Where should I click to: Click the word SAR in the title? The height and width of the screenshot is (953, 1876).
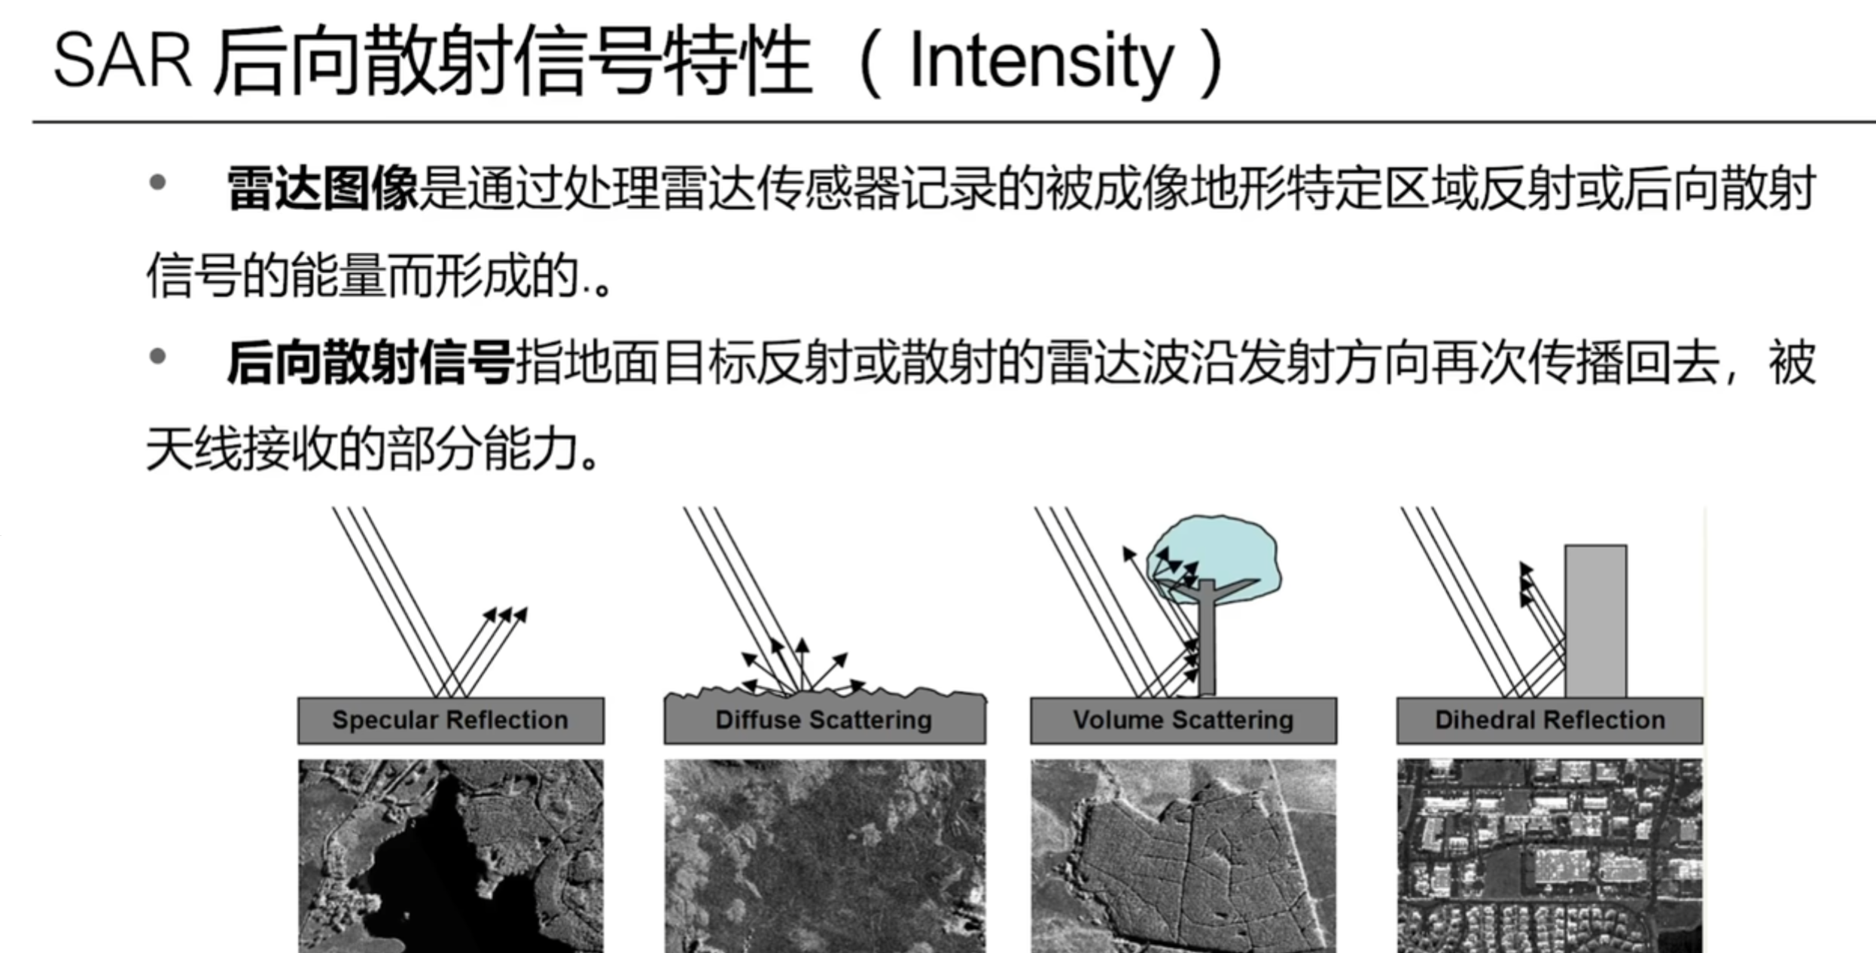coord(123,60)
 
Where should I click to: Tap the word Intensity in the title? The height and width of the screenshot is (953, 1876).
coord(1041,63)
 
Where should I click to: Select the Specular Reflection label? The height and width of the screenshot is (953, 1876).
coord(450,720)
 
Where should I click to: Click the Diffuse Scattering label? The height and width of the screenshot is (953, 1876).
coord(824,720)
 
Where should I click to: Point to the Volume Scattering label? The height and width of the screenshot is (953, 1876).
coord(1183,720)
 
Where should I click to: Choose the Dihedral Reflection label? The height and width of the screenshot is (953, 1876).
coord(1550,720)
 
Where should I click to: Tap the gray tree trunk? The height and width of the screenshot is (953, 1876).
coord(1207,640)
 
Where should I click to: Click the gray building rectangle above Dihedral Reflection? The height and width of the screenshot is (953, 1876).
coord(1596,622)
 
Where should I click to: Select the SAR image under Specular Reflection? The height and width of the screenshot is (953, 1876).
coord(451,856)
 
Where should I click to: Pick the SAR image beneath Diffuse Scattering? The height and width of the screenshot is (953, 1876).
coord(824,856)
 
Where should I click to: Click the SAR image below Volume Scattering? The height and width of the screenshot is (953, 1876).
coord(1183,856)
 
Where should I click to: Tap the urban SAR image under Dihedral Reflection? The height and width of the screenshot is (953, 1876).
coord(1550,856)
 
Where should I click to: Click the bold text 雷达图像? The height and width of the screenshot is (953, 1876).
coord(322,188)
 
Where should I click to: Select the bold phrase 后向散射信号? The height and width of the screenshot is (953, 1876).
coord(370,363)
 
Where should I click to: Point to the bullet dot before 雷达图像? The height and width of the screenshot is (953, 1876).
coord(157,183)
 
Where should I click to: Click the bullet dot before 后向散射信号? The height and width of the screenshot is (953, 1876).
coord(157,357)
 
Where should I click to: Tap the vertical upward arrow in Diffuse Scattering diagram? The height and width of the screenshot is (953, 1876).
coord(802,665)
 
